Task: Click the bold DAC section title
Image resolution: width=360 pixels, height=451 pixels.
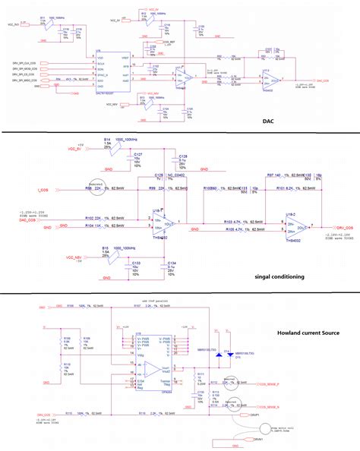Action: [270, 121]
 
